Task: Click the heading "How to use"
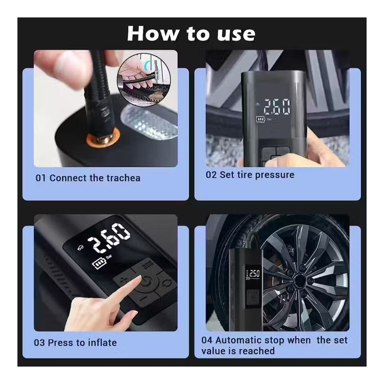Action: click(191, 34)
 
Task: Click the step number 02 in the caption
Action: click(211, 175)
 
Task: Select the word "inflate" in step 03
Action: click(102, 343)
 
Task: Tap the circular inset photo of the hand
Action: click(144, 80)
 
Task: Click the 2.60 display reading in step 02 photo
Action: click(277, 107)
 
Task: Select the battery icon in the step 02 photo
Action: click(261, 119)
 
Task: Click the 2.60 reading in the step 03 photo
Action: click(109, 238)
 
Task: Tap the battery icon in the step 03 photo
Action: click(99, 264)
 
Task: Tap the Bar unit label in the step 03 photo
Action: click(109, 257)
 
